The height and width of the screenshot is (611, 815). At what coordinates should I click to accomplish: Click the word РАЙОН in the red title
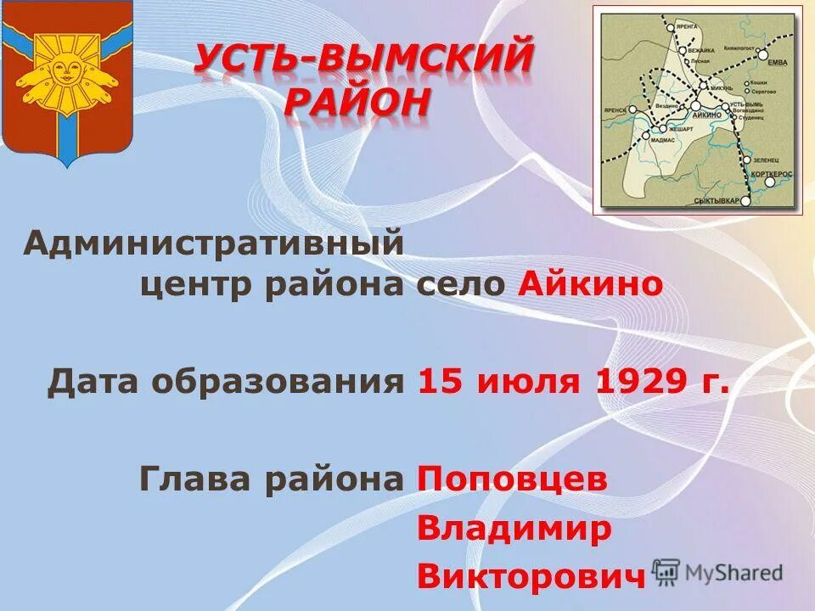[357, 102]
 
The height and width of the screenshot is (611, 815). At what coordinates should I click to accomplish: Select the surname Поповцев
[513, 479]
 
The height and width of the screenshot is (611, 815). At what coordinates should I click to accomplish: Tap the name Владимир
[514, 529]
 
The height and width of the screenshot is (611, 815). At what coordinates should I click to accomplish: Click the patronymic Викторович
[531, 577]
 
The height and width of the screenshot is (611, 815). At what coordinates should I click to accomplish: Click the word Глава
[196, 479]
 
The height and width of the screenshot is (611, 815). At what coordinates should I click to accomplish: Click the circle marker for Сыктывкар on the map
[745, 201]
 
